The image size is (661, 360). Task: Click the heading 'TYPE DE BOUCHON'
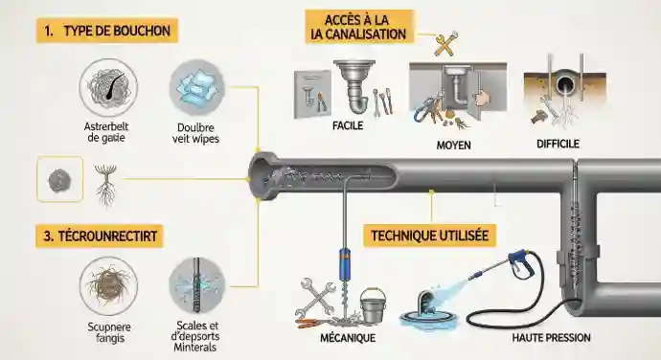coord(105,31)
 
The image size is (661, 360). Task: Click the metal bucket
coord(373,306)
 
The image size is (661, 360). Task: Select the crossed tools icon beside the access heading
coord(445,43)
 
